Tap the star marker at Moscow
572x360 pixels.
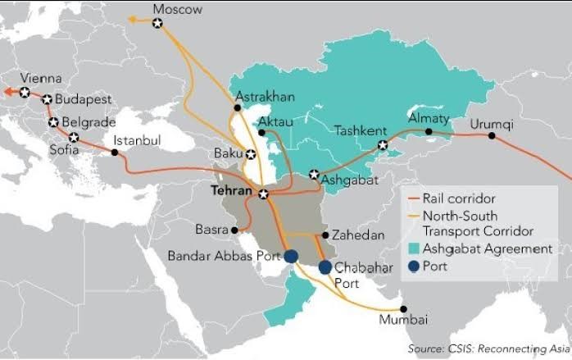tap(158, 24)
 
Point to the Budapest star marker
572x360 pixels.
tap(47, 99)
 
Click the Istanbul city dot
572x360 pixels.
tap(115, 152)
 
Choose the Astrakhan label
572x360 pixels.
tap(265, 97)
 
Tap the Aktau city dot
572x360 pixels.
tap(261, 131)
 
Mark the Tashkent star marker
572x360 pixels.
tap(382, 145)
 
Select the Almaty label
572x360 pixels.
tap(429, 118)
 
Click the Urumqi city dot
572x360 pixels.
tap(492, 137)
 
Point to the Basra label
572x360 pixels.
tap(211, 229)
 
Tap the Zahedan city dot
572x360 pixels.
tap(326, 235)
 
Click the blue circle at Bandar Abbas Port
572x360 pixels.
tap(291, 257)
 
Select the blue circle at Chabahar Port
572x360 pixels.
tap(325, 267)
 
